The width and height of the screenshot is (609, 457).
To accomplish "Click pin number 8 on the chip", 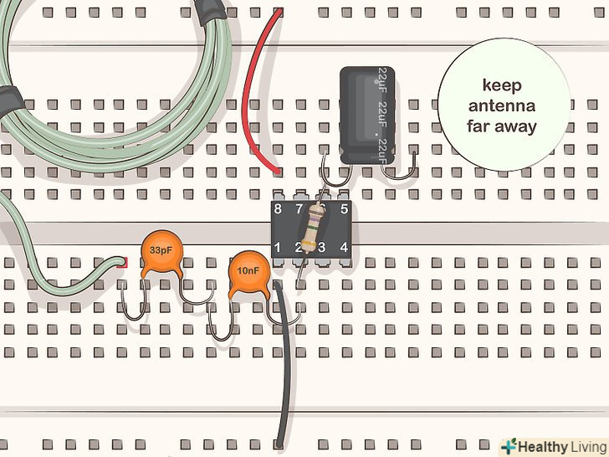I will click(278, 208).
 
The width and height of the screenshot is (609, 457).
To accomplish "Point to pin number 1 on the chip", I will click(278, 248).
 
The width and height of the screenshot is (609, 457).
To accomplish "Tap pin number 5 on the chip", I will click(344, 208).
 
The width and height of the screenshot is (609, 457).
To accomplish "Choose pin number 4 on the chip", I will click(344, 248).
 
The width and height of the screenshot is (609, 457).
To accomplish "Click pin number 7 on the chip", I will click(299, 208).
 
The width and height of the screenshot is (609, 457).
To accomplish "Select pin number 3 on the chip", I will click(321, 248).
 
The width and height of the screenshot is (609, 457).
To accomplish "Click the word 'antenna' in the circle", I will click(502, 106).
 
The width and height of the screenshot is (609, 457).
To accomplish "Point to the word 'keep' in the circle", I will click(502, 86).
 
